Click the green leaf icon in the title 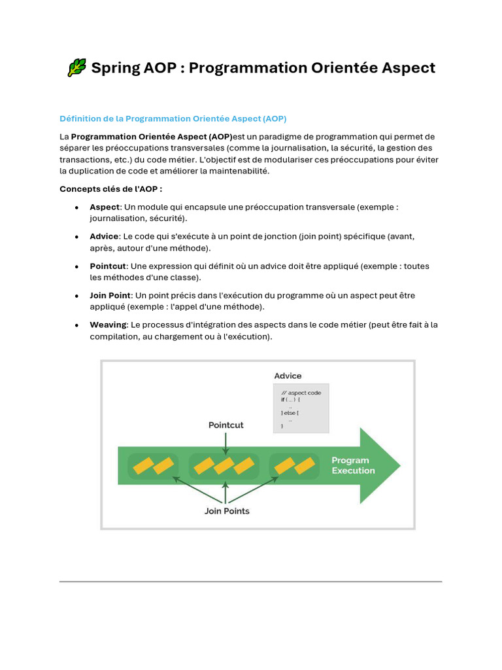pos(76,67)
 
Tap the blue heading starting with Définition pos(173,118)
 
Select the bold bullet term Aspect pos(105,207)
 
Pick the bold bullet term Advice pos(105,236)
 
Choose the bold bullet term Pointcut pos(109,266)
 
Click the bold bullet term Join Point pos(110,295)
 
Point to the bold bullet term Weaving pos(108,325)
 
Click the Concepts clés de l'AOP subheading pos(110,188)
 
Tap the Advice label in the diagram pos(288,376)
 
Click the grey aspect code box pos(301,408)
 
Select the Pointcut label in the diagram pos(226,425)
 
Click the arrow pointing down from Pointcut pos(226,443)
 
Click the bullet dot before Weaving pos(77,325)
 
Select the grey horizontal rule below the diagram pos(250,581)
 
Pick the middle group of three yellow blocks pos(224,465)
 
